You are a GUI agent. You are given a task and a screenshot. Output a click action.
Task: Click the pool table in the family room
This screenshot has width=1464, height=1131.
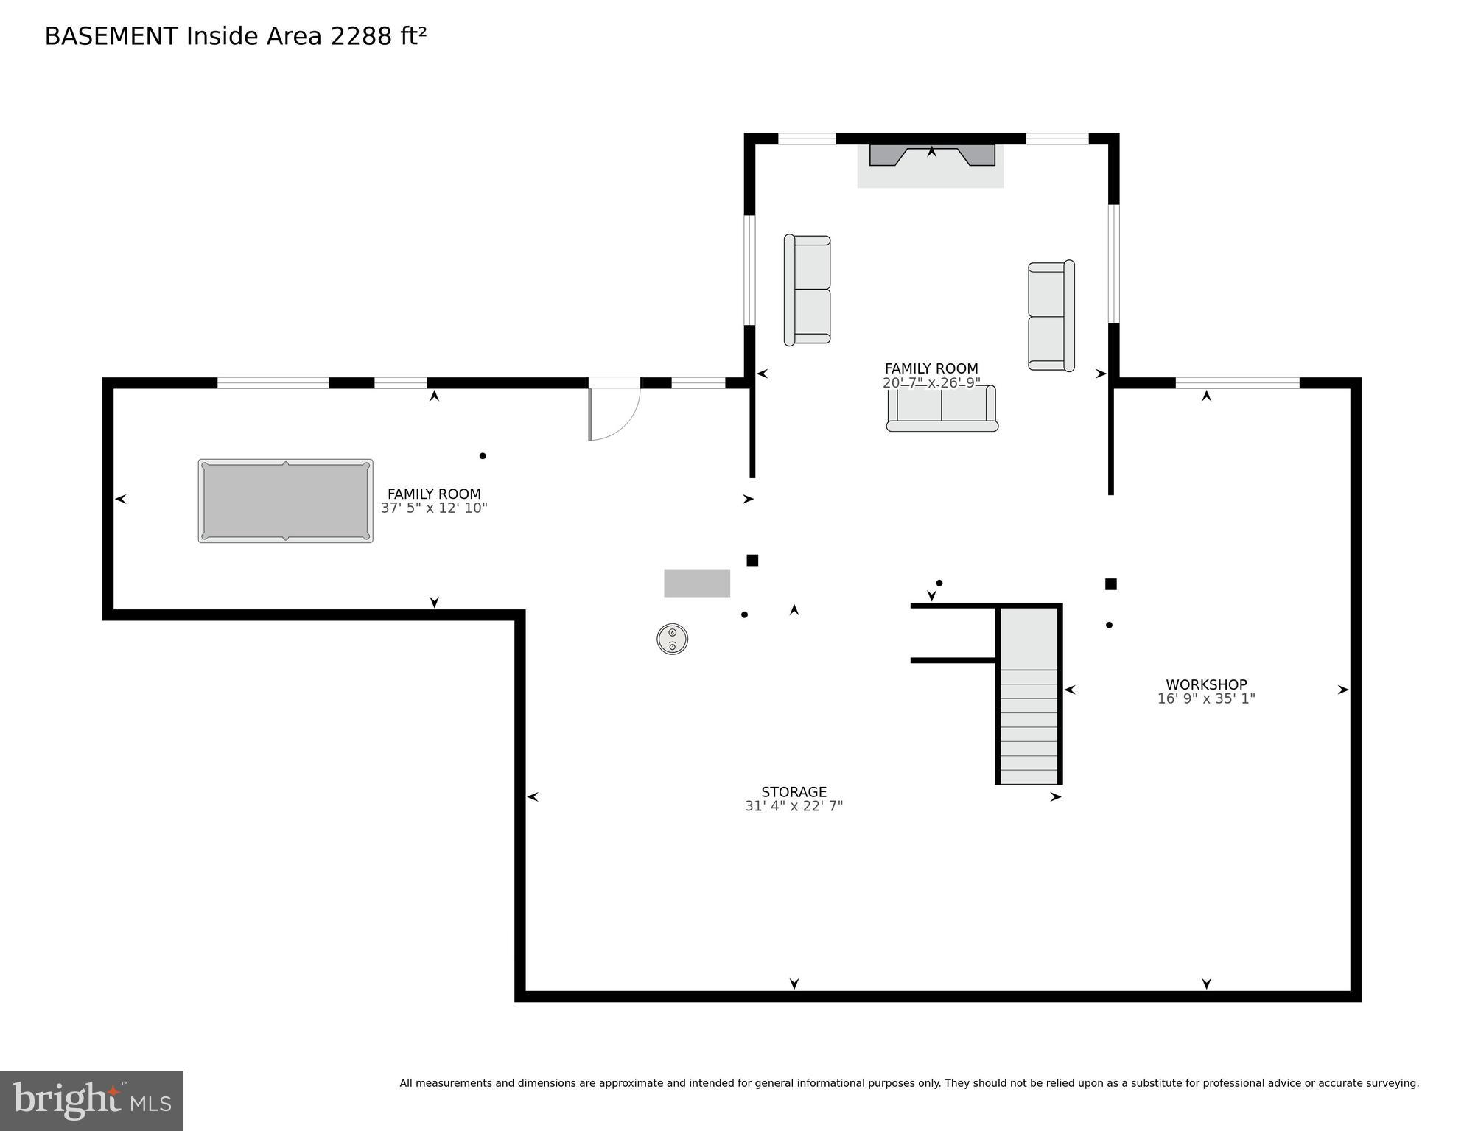click(285, 501)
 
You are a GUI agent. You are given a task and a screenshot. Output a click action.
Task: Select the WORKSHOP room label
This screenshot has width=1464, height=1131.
click(1205, 684)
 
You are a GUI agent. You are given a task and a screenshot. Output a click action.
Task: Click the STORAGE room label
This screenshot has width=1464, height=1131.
click(794, 792)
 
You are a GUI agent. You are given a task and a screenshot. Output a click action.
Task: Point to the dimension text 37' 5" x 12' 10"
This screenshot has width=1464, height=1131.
click(434, 508)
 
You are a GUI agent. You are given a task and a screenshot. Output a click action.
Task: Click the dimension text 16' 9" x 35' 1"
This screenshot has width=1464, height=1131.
click(1205, 699)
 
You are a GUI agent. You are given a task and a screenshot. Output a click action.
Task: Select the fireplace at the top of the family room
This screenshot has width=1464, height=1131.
click(931, 156)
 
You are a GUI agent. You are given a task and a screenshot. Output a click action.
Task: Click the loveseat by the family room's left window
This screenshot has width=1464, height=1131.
click(808, 290)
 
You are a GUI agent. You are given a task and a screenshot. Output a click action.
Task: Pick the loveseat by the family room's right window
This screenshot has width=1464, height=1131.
click(1051, 315)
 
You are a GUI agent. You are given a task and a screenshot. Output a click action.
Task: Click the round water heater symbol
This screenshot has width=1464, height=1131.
click(672, 639)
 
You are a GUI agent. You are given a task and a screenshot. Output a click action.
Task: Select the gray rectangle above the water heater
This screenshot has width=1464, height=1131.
click(697, 583)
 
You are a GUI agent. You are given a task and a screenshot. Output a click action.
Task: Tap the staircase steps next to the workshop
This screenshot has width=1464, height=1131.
click(1029, 726)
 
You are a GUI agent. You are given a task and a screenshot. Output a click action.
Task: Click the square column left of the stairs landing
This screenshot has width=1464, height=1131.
click(752, 561)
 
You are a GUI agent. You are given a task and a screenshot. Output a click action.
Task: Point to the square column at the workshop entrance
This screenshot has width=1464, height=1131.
click(1110, 584)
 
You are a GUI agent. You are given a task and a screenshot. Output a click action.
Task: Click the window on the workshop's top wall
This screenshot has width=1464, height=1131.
click(1237, 382)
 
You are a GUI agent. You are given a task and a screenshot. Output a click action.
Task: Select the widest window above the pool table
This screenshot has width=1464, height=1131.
click(273, 382)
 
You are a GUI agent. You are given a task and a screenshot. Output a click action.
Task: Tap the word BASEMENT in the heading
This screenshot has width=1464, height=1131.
click(111, 36)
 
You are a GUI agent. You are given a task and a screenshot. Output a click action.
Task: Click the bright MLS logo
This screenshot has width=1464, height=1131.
click(91, 1100)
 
